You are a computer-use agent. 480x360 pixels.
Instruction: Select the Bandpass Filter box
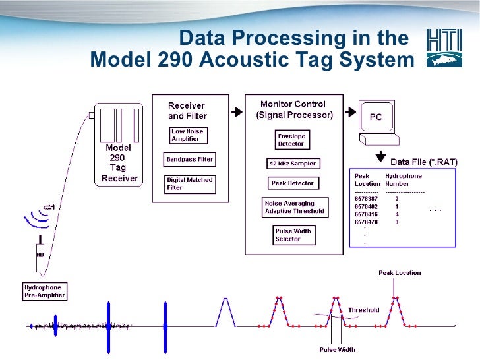pyautogui.click(x=189, y=160)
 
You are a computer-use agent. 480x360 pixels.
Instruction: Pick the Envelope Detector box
pyautogui.click(x=291, y=140)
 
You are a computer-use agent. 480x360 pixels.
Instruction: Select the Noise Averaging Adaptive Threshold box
pyautogui.click(x=295, y=208)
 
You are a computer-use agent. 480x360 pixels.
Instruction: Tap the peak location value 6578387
pyautogui.click(x=366, y=198)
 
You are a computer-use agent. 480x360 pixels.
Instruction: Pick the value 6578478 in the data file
pyautogui.click(x=366, y=222)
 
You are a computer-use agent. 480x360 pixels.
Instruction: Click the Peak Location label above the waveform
pyautogui.click(x=400, y=272)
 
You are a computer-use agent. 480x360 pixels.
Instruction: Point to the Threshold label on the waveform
pyautogui.click(x=364, y=309)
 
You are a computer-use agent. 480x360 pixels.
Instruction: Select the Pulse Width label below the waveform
pyautogui.click(x=337, y=350)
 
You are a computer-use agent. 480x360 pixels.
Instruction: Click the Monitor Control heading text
pyautogui.click(x=293, y=104)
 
